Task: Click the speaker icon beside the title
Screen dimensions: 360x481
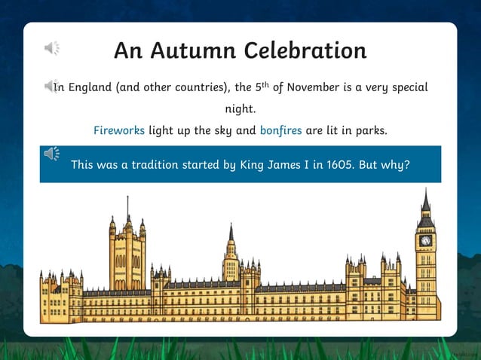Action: click(52, 49)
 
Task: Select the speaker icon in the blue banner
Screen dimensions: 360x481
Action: click(52, 154)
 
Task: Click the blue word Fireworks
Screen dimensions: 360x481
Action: click(119, 130)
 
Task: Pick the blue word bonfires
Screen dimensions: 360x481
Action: click(280, 130)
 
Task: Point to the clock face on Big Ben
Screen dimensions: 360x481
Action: click(426, 241)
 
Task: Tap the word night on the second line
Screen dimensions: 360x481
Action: click(240, 109)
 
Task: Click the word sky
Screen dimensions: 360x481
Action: click(223, 130)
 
